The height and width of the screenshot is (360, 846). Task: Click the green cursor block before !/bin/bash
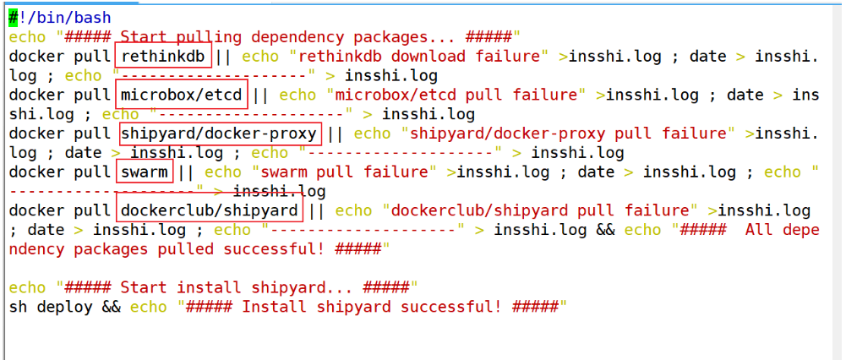click(14, 17)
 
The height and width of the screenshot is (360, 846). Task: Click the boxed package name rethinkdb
click(163, 56)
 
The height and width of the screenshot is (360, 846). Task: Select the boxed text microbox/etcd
click(182, 95)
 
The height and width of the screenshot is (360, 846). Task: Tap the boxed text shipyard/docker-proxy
click(219, 134)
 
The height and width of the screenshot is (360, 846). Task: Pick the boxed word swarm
click(145, 172)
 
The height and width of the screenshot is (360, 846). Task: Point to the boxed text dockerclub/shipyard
click(210, 210)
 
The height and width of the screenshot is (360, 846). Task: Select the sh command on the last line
click(19, 307)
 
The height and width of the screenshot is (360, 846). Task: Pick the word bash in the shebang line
click(93, 17)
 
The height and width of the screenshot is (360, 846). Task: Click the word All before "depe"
click(758, 230)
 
